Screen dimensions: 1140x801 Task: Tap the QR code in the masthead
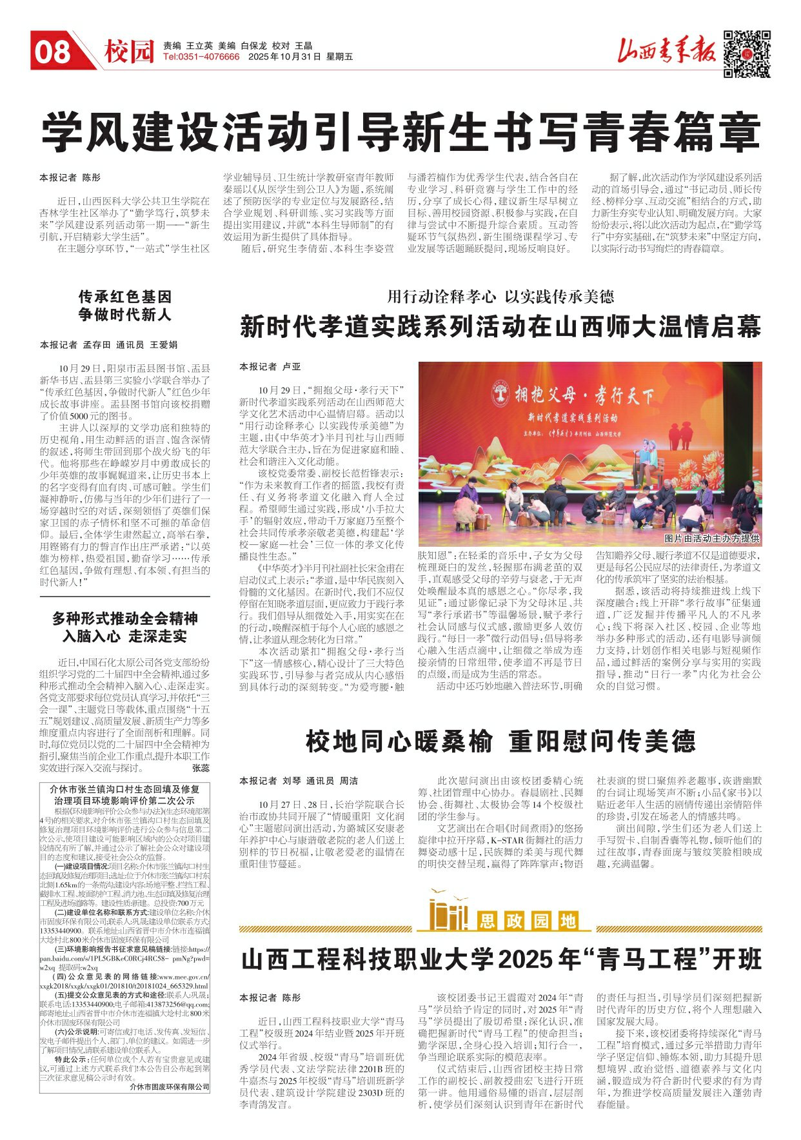[746, 54]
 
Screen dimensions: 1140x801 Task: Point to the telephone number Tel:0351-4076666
[201, 57]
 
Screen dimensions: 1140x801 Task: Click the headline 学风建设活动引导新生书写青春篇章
[400, 132]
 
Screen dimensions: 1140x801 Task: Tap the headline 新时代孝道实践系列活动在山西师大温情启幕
[500, 326]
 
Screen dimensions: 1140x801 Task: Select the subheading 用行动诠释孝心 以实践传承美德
[500, 297]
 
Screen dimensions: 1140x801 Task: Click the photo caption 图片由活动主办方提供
[711, 538]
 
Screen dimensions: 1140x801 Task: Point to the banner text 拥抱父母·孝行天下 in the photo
[584, 394]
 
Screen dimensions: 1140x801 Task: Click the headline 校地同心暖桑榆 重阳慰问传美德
[500, 742]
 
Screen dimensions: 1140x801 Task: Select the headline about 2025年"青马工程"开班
[500, 960]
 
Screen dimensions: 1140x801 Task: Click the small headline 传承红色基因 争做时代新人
[125, 306]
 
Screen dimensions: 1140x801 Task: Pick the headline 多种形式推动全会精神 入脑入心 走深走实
[125, 627]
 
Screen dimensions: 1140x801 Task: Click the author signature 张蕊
[201, 768]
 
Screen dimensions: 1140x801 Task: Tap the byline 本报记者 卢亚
[270, 366]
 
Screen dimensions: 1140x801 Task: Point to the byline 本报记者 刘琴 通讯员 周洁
[299, 781]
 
